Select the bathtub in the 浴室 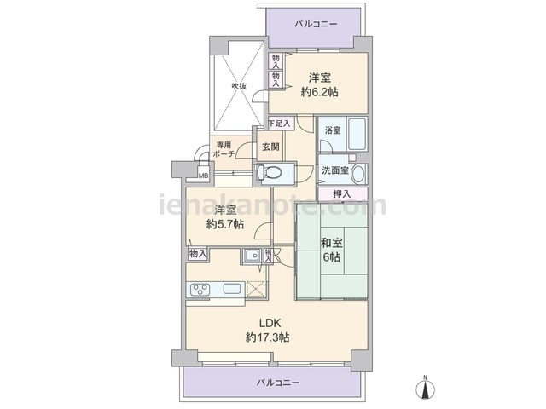[357, 134]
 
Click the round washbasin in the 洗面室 [358, 174]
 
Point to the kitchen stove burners [200, 290]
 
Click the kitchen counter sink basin [231, 289]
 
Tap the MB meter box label [203, 176]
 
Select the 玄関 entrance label [270, 147]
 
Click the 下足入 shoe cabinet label [280, 123]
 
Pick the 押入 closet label [341, 193]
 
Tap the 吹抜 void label [239, 85]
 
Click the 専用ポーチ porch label [224, 150]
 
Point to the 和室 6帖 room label [332, 250]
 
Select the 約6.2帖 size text [320, 92]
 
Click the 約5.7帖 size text [225, 224]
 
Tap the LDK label [270, 323]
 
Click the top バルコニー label [316, 24]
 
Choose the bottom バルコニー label [278, 383]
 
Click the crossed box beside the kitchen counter [256, 289]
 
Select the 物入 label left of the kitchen [198, 254]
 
